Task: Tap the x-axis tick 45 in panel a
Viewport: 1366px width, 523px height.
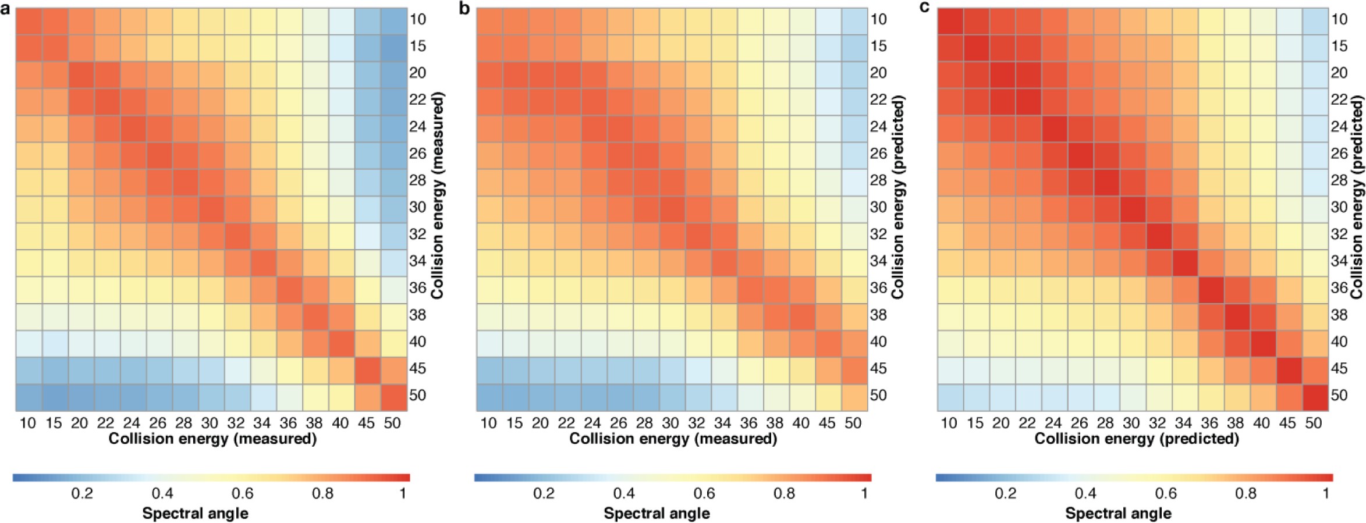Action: [367, 423]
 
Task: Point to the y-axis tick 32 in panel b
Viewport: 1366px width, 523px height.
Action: [878, 234]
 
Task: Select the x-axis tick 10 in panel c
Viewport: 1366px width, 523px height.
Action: [949, 423]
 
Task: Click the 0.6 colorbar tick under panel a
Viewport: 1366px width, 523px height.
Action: [243, 494]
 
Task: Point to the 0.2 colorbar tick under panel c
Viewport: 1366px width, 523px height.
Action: [1005, 494]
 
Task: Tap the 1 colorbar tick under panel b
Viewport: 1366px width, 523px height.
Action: [865, 494]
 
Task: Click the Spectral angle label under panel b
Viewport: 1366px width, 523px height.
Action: [657, 513]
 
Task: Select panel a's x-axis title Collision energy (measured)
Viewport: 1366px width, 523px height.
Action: [212, 439]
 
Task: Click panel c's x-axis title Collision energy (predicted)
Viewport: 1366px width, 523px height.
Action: [1137, 439]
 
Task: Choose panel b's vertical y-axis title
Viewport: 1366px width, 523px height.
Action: [898, 197]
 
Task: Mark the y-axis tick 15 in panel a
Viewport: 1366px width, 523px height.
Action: [418, 46]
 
